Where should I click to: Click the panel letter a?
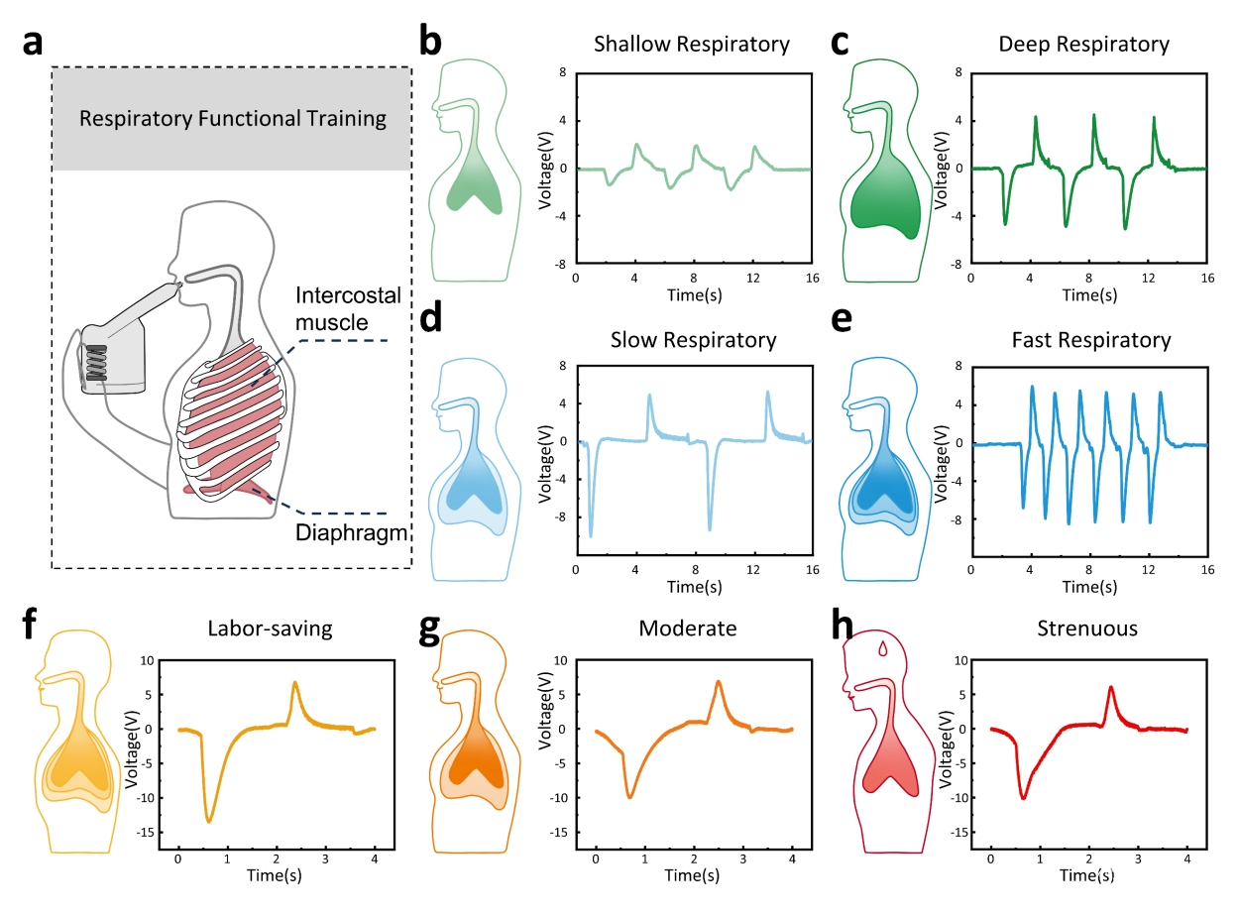[x=33, y=44]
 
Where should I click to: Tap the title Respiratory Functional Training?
[x=233, y=120]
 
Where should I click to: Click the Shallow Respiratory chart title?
[x=692, y=45]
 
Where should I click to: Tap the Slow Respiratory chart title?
[x=692, y=340]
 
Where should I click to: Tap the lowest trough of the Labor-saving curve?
[x=209, y=821]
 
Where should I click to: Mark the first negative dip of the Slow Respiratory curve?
[x=591, y=535]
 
